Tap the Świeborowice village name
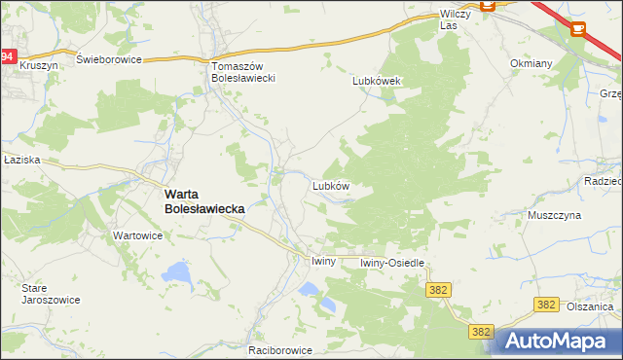(x=110, y=59)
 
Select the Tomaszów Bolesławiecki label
(x=246, y=72)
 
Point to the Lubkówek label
(x=378, y=82)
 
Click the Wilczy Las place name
(x=456, y=18)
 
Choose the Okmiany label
(x=531, y=63)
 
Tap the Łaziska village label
(x=20, y=160)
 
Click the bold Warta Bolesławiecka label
(x=203, y=200)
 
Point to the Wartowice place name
(x=137, y=235)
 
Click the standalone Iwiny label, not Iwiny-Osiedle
(x=323, y=262)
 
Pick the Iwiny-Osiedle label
(x=393, y=263)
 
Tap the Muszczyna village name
(x=554, y=214)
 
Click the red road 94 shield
(x=8, y=57)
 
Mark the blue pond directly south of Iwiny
(x=310, y=289)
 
